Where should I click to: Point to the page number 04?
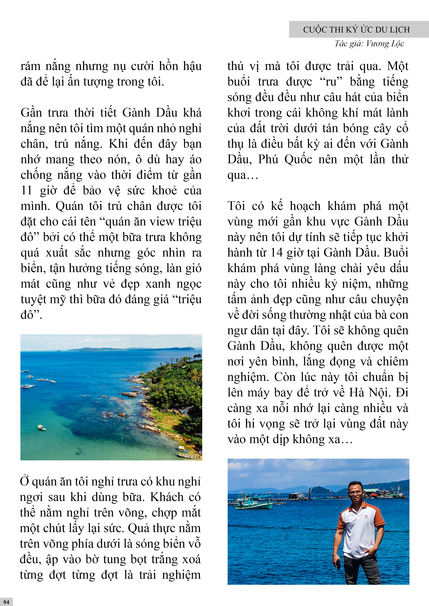[6, 602]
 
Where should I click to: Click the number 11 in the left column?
[26, 191]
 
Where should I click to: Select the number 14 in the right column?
[276, 253]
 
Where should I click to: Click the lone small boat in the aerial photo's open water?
[42, 427]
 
